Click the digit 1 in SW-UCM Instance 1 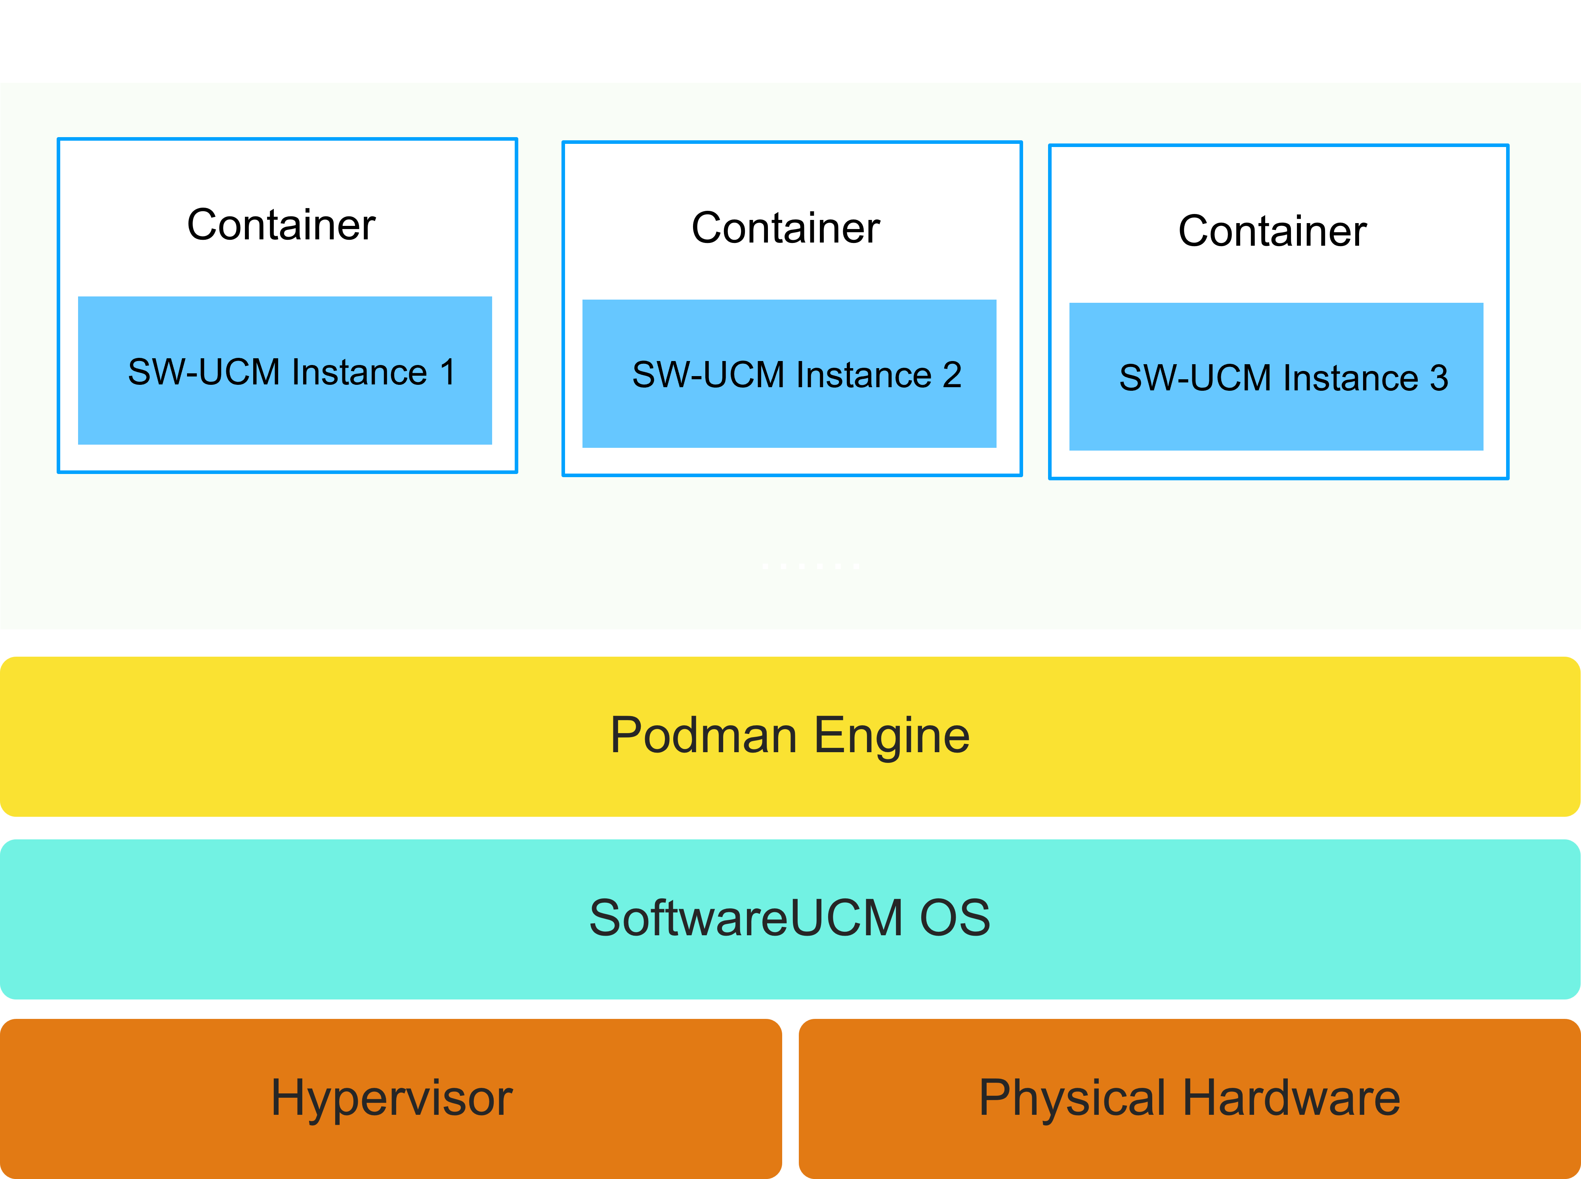point(447,372)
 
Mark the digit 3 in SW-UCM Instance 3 point(1438,378)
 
